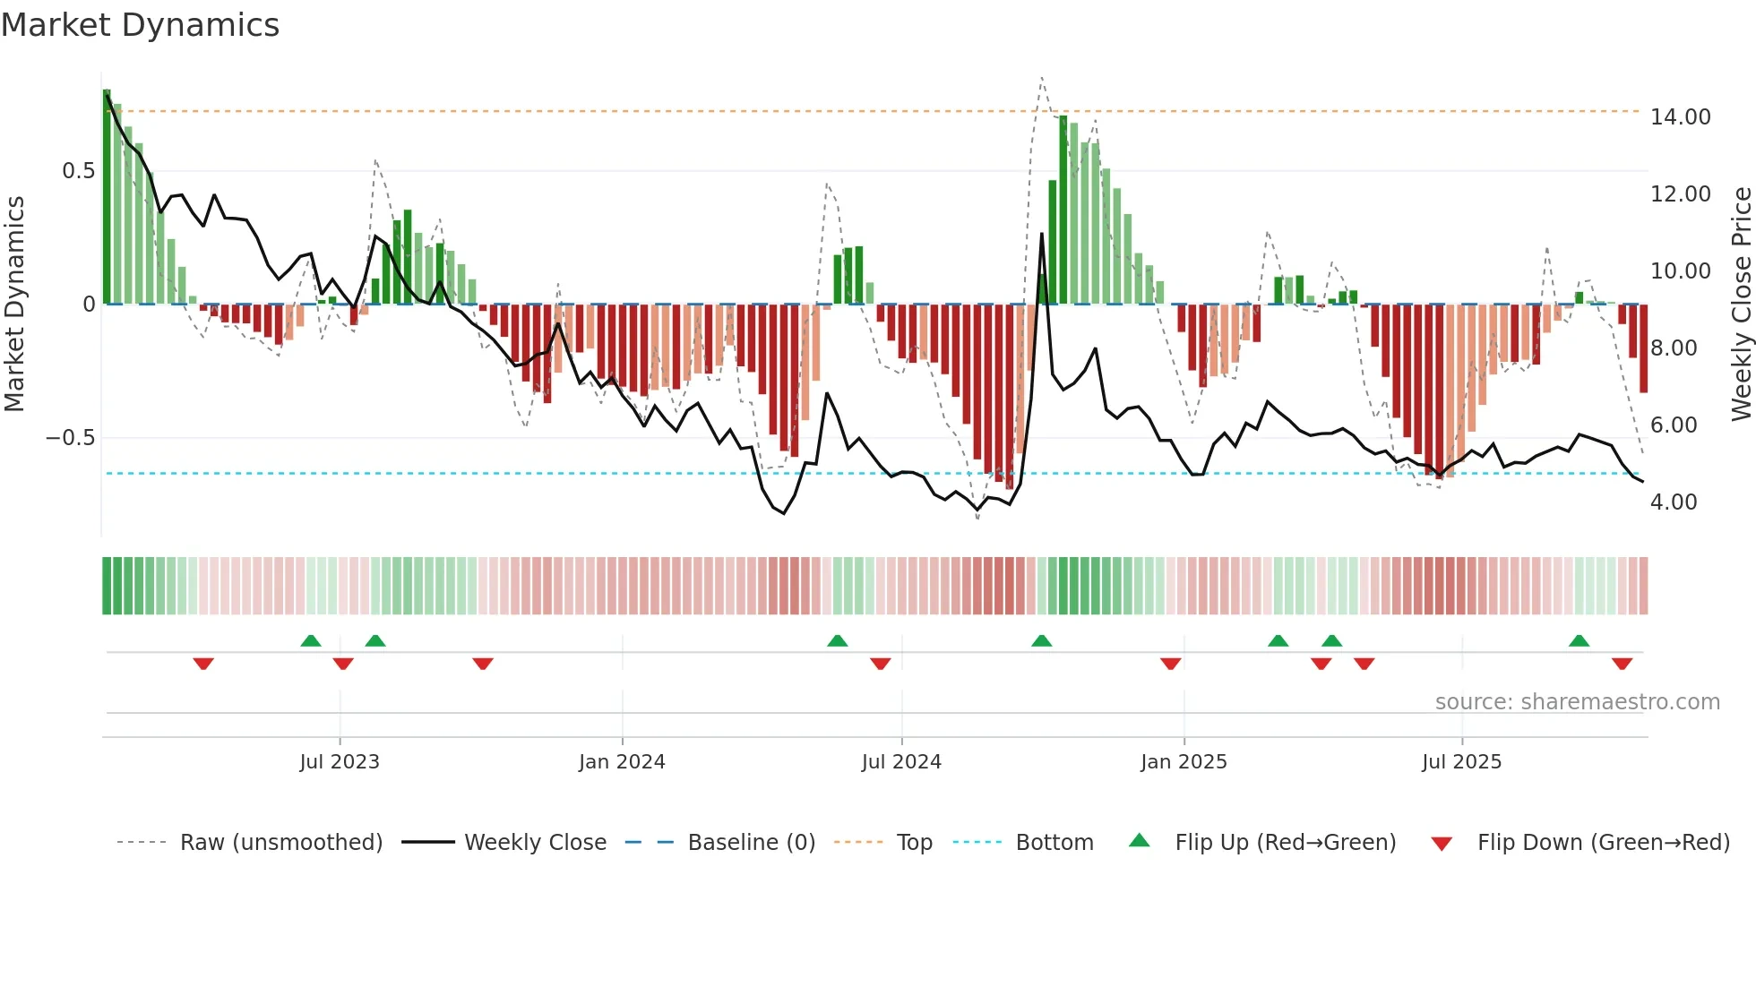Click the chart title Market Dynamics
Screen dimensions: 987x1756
[140, 25]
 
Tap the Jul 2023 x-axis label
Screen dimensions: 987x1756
[340, 762]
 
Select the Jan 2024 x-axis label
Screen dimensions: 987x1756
[622, 762]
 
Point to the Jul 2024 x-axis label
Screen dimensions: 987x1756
[901, 762]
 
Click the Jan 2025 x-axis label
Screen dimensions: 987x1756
[1184, 762]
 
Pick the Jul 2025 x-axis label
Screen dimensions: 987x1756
[1461, 762]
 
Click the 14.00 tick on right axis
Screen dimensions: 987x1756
[1680, 117]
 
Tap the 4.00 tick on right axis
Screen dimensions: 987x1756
[1674, 502]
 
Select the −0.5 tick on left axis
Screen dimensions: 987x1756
[70, 438]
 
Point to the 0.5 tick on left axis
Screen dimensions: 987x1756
[78, 171]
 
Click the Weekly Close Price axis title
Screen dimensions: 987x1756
[1741, 305]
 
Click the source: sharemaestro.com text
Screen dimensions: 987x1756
[1577, 702]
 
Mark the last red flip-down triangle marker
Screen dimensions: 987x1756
[1622, 664]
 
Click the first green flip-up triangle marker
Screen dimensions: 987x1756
[311, 641]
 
